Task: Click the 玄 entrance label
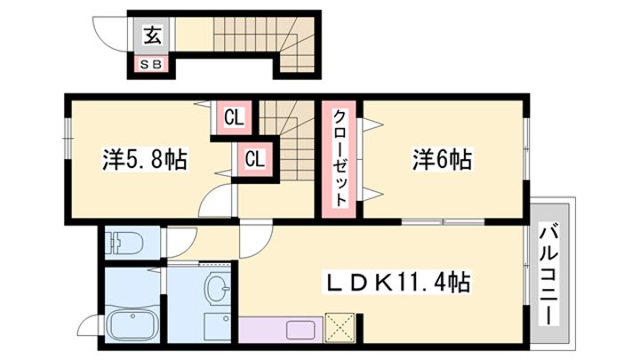[x=152, y=35]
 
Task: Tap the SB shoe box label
[x=151, y=65]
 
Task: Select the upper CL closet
[x=234, y=117]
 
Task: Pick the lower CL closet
[x=255, y=158]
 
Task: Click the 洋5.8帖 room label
[x=145, y=160]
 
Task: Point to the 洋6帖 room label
[x=442, y=160]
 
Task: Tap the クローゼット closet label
[x=340, y=158]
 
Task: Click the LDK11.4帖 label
[x=396, y=282]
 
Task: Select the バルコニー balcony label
[x=549, y=274]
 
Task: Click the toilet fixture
[x=124, y=243]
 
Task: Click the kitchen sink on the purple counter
[x=300, y=330]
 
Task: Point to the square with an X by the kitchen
[x=340, y=327]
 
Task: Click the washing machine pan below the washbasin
[x=217, y=327]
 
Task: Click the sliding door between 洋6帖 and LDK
[x=443, y=222]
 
